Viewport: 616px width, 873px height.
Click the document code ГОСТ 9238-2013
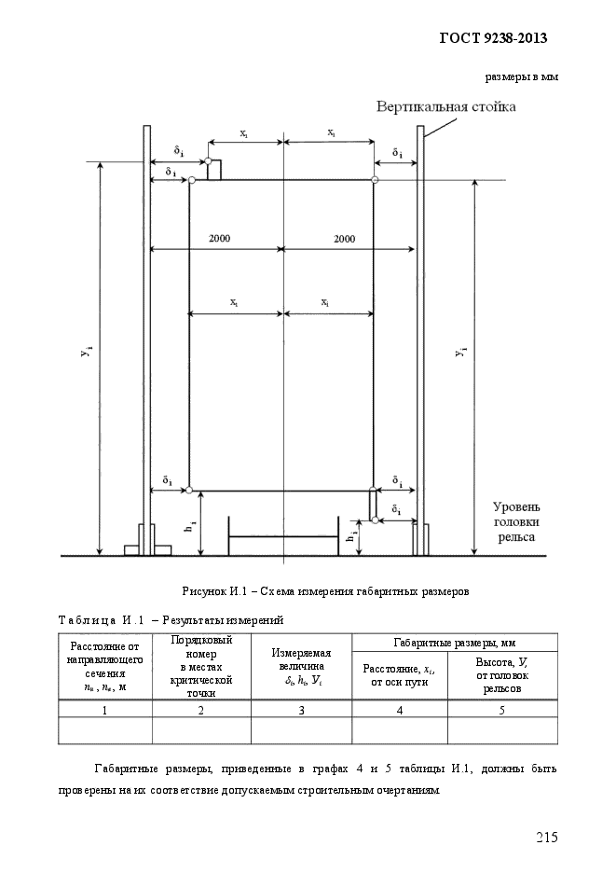coord(493,38)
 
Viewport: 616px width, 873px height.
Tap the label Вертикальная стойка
coord(445,105)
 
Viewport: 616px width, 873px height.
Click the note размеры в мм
coord(521,77)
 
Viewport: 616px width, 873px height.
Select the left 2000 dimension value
coord(219,238)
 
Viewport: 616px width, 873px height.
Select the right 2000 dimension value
coord(345,239)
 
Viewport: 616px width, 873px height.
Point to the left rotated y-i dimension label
coord(87,352)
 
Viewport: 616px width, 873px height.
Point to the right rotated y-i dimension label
coord(460,352)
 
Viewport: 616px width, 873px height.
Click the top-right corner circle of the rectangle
coord(375,180)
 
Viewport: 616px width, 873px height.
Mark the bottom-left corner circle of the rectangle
coord(188,490)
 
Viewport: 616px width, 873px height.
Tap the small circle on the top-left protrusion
coord(208,161)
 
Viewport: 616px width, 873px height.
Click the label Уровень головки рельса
coord(516,522)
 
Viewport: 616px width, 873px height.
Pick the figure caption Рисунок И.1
coord(325,591)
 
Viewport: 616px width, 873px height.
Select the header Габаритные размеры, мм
coord(455,643)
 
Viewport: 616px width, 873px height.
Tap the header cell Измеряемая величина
coord(301,667)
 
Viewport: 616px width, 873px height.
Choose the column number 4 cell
coord(400,710)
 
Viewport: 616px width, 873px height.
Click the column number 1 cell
coord(104,710)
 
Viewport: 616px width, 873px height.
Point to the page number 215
coord(546,837)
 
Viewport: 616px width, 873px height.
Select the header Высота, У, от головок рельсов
coord(502,675)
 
